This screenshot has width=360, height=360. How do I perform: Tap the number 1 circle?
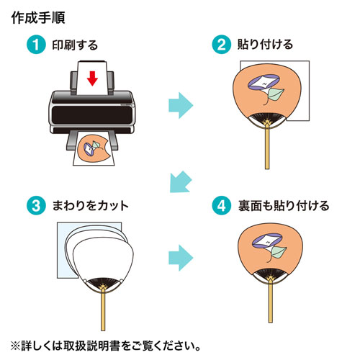[34, 45]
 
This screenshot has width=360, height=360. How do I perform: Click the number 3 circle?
[34, 205]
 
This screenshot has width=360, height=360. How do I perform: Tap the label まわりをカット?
[90, 206]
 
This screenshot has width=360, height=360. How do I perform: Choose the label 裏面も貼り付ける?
[273, 206]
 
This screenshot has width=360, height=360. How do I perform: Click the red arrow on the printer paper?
[91, 77]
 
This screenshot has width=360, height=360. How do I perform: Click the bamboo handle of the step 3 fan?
[104, 310]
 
